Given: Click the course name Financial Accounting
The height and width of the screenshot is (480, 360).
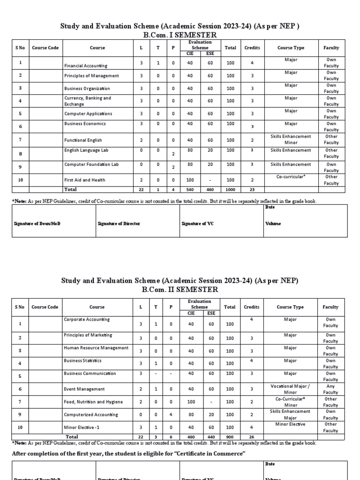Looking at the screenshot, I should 86,66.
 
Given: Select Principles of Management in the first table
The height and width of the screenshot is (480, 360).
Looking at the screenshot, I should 91,76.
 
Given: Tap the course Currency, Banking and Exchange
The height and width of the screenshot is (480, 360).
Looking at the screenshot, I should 88,101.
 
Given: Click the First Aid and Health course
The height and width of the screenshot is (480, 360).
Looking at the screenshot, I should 85,180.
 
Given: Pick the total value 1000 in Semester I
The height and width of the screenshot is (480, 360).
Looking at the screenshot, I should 230,189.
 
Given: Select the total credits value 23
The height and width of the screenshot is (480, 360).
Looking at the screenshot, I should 252,189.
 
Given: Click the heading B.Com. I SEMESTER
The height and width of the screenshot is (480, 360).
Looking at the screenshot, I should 180,35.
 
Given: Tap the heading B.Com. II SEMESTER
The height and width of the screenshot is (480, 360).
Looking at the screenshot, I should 180,290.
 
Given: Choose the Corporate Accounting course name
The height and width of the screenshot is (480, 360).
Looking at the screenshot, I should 87,320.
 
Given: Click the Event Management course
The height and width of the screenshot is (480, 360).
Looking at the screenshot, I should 84,389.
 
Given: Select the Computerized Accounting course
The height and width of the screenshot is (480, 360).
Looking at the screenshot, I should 91,414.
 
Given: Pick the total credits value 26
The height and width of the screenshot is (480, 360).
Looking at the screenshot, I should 251,436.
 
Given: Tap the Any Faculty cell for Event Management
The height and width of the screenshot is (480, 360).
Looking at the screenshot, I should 330,389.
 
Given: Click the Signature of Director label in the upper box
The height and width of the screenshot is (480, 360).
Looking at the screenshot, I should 119,224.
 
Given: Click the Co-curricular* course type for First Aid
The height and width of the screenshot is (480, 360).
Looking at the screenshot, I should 291,177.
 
